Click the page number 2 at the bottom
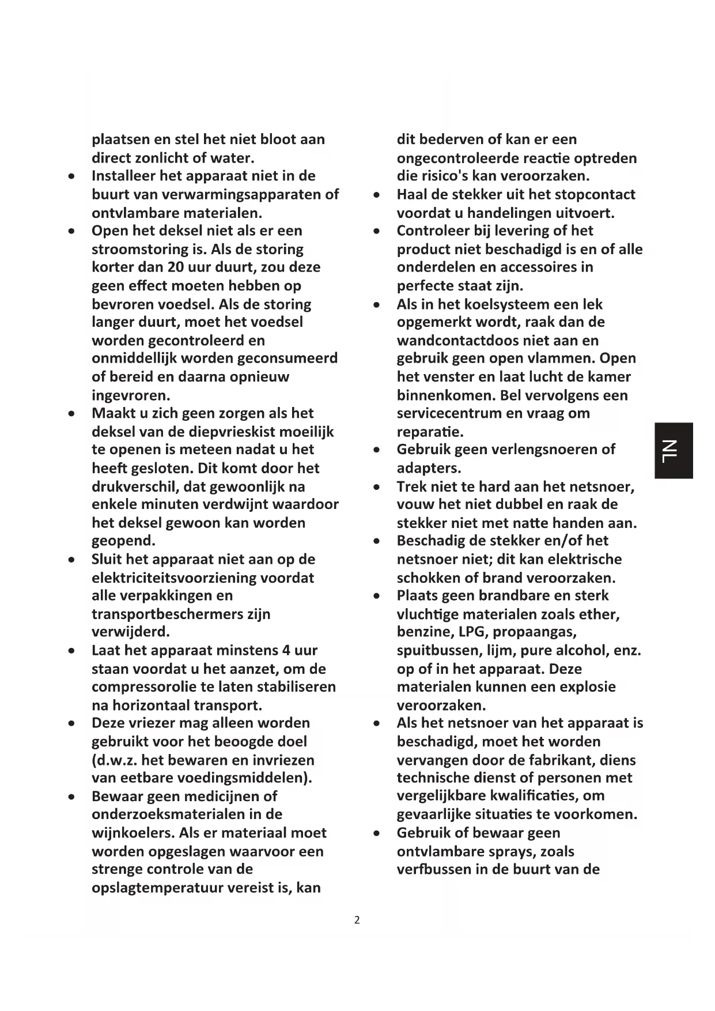[357, 921]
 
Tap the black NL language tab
[673, 451]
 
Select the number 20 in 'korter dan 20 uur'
[175, 267]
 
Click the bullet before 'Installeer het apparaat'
[71, 176]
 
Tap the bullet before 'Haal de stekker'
[376, 195]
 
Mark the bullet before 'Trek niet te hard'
[376, 488]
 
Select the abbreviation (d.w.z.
[115, 760]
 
